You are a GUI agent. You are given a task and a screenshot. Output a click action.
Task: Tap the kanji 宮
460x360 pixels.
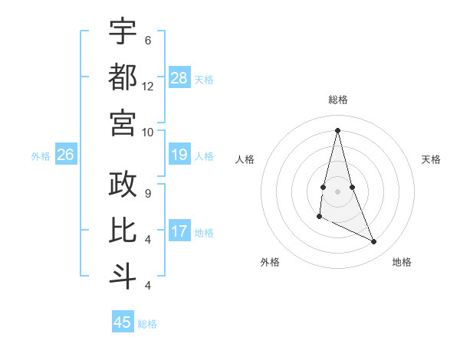pos(123,123)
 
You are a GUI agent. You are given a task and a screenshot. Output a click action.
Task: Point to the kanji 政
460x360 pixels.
pos(123,185)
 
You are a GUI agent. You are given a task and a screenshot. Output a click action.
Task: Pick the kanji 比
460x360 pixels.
pos(123,230)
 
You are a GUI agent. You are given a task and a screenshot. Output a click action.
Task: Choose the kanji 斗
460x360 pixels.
pos(123,277)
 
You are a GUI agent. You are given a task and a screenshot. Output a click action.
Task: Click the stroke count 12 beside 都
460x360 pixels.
pos(148,87)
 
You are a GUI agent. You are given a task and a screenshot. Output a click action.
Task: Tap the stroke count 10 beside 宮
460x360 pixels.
pos(148,132)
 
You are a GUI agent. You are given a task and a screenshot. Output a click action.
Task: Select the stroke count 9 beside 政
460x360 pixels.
pos(148,194)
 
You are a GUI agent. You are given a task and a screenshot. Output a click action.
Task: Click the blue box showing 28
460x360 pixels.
pos(179,78)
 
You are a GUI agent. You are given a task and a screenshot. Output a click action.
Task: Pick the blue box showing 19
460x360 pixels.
pos(179,155)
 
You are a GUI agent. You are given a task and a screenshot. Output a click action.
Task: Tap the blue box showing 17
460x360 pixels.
pos(179,231)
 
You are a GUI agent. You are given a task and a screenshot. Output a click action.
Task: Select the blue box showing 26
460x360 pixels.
pos(66,155)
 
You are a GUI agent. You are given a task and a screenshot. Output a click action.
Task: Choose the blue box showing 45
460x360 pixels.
pos(123,322)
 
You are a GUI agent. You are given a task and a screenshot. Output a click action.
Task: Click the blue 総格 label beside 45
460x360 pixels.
pos(147,324)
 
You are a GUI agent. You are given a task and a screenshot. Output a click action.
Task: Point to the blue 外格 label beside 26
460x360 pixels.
pos(41,156)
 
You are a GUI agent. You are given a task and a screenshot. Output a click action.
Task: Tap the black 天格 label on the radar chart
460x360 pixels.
pos(431,159)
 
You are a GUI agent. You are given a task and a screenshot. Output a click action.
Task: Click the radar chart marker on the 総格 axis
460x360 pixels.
pos(337,130)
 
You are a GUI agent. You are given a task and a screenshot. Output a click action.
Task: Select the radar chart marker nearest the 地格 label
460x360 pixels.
pos(374,242)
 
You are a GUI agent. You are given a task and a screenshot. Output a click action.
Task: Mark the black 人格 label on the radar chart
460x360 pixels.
pos(245,159)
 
